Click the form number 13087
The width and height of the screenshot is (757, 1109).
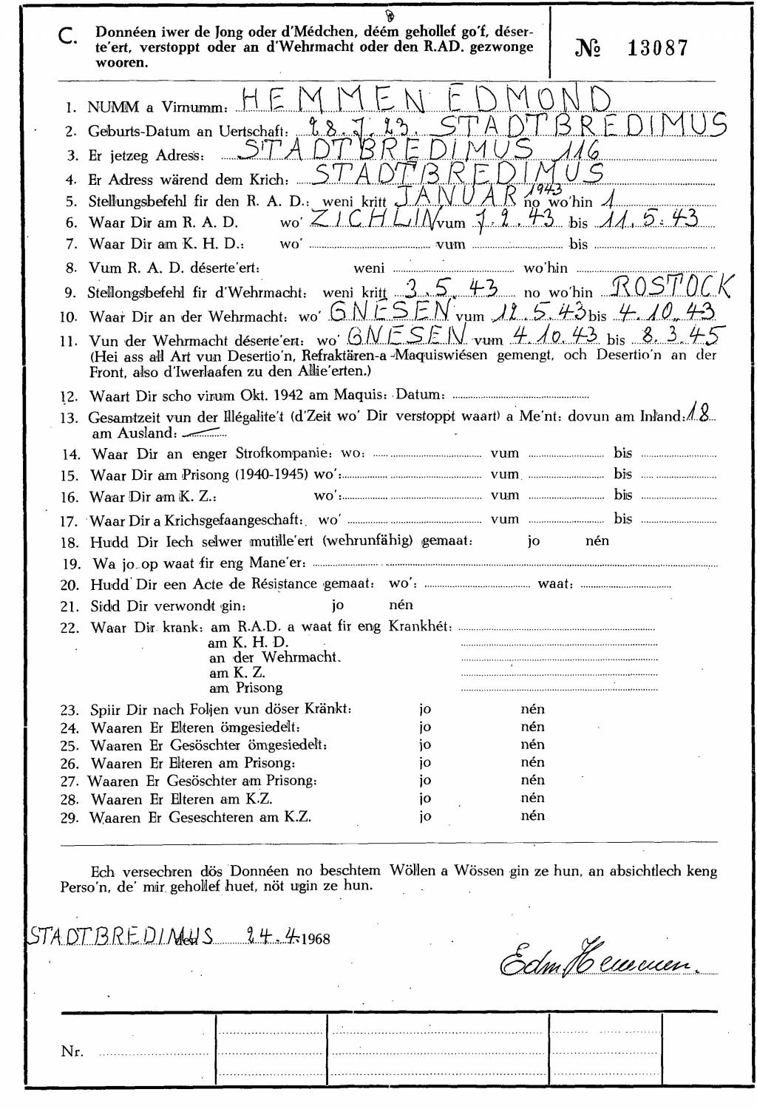click(657, 49)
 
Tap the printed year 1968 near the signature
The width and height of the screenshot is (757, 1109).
click(316, 939)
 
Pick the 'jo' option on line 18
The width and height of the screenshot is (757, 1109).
click(534, 541)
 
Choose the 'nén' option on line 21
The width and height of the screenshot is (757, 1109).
click(401, 606)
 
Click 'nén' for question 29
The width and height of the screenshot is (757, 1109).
click(532, 816)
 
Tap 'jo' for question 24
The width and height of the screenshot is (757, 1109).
click(425, 728)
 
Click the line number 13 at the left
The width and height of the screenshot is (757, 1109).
click(69, 418)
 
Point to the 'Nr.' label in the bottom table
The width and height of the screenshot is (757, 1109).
click(72, 1051)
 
